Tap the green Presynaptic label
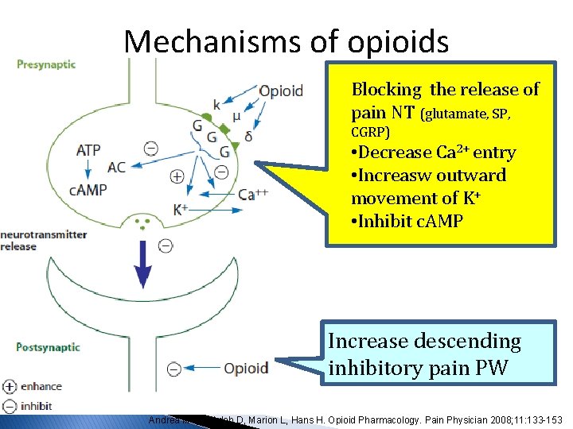(47, 64)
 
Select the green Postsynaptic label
(48, 347)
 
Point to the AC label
(116, 167)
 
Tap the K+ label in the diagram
(181, 210)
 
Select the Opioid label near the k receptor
(281, 91)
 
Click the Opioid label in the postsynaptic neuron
(246, 368)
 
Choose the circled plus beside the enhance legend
(10, 387)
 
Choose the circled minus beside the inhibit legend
(10, 405)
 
